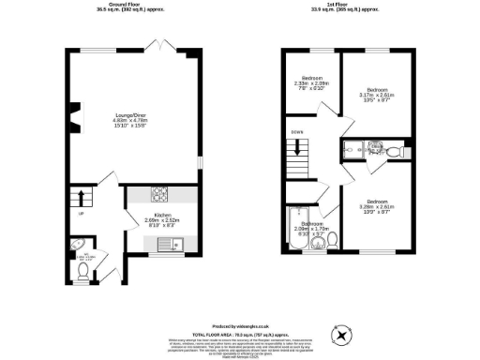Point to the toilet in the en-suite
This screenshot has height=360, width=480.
tap(395, 150)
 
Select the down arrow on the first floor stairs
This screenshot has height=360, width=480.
tap(297, 147)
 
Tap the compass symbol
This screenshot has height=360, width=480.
tap(342, 333)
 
